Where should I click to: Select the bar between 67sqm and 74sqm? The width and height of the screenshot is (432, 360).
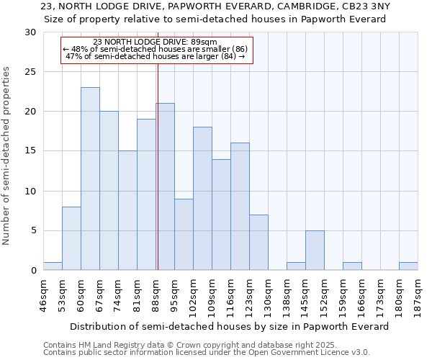click(109, 191)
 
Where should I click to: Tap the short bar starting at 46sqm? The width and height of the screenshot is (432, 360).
click(53, 266)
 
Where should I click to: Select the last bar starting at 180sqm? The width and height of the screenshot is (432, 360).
click(408, 266)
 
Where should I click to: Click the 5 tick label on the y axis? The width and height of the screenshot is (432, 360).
click(34, 231)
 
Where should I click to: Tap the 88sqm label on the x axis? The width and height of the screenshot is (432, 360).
click(156, 292)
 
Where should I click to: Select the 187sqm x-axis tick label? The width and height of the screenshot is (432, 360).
click(418, 292)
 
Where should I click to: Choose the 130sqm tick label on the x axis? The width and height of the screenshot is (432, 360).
click(269, 292)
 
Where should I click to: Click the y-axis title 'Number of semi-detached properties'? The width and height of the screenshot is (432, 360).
click(7, 156)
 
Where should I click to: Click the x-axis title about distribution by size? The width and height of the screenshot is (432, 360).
click(230, 326)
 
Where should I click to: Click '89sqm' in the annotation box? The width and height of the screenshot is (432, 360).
click(214, 42)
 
